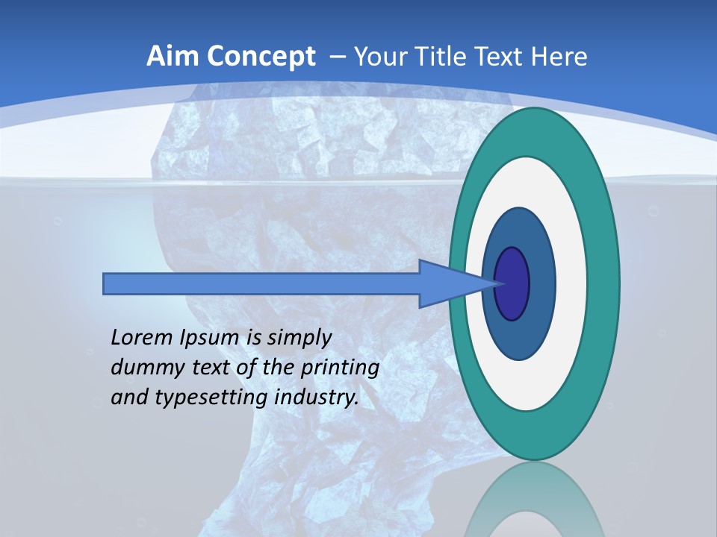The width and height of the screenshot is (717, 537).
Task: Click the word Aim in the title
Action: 173,57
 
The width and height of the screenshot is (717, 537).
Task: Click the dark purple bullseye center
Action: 512,284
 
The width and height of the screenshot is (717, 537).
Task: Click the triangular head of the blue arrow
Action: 448,284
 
